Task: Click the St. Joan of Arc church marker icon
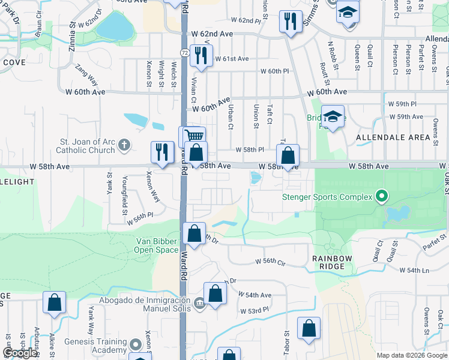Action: [x=124, y=144]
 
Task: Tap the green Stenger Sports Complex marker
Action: [x=380, y=196]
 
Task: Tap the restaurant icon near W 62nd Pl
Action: [x=291, y=22]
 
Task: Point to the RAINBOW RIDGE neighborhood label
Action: [x=328, y=262]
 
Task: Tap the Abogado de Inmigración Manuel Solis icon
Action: [x=199, y=304]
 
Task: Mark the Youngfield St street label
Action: [x=124, y=187]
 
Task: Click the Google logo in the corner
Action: [x=20, y=353]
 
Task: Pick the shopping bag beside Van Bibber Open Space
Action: [x=194, y=234]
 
